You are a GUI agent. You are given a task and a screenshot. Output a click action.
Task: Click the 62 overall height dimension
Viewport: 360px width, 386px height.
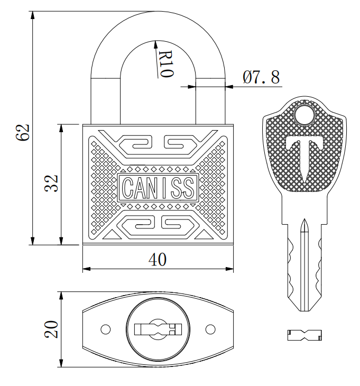point(23,132)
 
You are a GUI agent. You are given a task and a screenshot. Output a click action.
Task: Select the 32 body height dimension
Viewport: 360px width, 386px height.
point(51,183)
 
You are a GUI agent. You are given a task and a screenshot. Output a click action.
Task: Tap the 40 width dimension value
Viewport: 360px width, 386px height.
point(158,260)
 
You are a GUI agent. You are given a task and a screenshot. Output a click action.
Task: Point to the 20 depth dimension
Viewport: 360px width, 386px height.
point(51,329)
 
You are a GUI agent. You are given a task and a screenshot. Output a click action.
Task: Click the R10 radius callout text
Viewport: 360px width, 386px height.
point(165,64)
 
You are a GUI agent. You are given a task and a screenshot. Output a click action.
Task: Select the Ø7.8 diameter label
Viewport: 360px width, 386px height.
point(261,77)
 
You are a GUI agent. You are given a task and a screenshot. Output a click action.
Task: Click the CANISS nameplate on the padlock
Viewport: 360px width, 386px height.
point(158,188)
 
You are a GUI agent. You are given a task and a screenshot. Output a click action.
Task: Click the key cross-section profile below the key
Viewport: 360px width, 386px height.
point(304,335)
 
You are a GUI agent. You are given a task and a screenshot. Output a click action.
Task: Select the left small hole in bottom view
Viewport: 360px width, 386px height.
point(106,329)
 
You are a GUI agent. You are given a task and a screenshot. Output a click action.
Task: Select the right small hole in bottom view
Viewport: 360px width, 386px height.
point(210,329)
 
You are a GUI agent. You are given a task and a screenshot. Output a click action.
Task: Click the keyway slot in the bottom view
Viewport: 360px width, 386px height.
point(158,329)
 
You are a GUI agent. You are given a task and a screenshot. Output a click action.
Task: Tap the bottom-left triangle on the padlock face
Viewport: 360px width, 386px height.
point(112,235)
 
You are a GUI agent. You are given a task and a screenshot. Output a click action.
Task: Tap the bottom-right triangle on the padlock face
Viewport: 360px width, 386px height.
point(204,235)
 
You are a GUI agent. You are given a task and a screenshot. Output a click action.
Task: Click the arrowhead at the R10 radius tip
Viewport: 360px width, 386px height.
point(155,44)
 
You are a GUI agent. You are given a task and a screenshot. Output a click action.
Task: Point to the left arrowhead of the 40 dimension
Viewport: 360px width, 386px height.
point(86,269)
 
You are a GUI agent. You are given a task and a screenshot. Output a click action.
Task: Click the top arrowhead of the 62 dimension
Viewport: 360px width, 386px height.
point(32,15)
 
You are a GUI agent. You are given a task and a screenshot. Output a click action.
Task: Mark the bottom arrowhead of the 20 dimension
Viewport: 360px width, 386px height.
point(61,363)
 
